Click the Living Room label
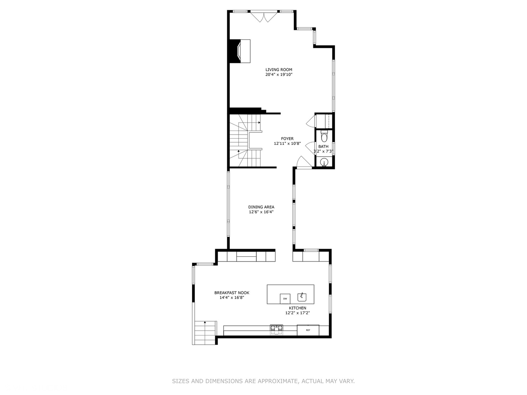tap(279, 69)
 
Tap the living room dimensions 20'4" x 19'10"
tap(279, 75)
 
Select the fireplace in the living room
tap(240, 51)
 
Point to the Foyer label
tap(287, 139)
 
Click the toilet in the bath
tap(324, 136)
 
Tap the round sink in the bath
tap(324, 162)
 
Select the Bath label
tap(323, 147)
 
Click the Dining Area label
tap(261, 207)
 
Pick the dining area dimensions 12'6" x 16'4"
tap(261, 212)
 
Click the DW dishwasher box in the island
tap(285, 299)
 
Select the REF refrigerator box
tap(308, 330)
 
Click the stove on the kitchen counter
tap(277, 330)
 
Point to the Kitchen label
tap(298, 308)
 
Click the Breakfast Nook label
tap(232, 293)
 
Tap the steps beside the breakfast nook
tap(205, 333)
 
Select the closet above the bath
tap(324, 121)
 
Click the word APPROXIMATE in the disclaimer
tap(278, 381)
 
